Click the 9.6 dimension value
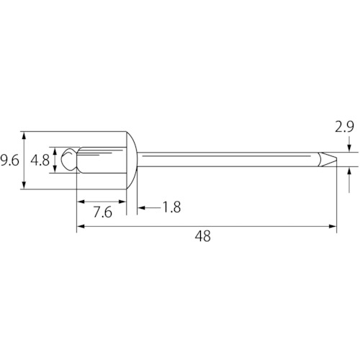pos(9,161)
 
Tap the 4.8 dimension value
pos(40,161)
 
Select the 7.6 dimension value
pos(103,212)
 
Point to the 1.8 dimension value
pos(172,207)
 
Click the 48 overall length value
pos(203,236)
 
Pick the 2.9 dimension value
pos(344,127)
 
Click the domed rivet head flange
pos(132,161)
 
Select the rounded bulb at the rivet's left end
pos(69,159)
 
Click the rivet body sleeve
pos(102,160)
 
